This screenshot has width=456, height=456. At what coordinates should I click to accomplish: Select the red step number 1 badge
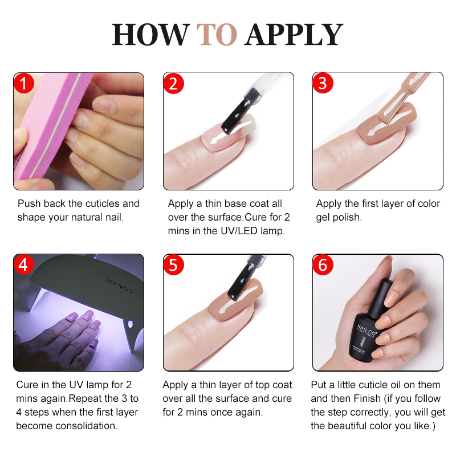click(23, 84)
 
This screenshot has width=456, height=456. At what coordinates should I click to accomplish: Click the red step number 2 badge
click(173, 84)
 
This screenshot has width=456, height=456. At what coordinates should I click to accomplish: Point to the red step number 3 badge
click(323, 84)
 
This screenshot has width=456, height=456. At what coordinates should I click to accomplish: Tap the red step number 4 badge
click(23, 265)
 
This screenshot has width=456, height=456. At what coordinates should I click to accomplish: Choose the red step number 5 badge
click(173, 265)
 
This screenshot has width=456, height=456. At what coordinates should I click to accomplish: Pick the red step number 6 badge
click(323, 265)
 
